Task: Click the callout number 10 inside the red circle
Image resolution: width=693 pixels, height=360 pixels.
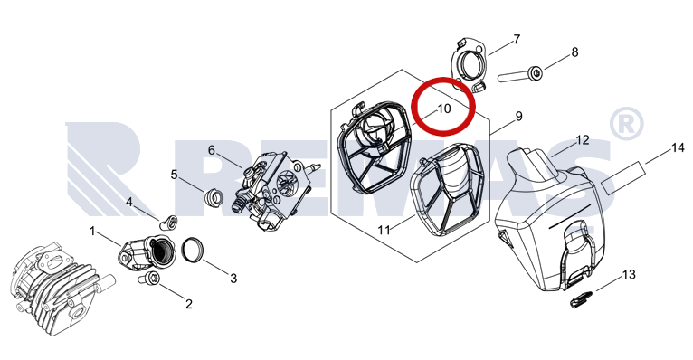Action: pyautogui.click(x=444, y=109)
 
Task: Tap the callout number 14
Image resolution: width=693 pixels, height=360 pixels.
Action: pyautogui.click(x=678, y=147)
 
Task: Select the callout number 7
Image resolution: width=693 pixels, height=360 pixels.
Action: pyautogui.click(x=517, y=40)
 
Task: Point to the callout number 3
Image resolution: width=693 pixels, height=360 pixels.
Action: pyautogui.click(x=233, y=279)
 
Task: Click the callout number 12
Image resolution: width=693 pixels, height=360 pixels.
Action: pyautogui.click(x=583, y=140)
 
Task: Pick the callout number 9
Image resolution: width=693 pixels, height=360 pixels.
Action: pyautogui.click(x=519, y=117)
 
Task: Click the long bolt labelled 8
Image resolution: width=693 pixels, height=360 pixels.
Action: pyautogui.click(x=521, y=74)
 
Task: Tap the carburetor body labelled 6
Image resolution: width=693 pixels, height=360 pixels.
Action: pyautogui.click(x=274, y=188)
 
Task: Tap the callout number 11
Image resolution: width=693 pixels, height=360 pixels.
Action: pyautogui.click(x=384, y=230)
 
